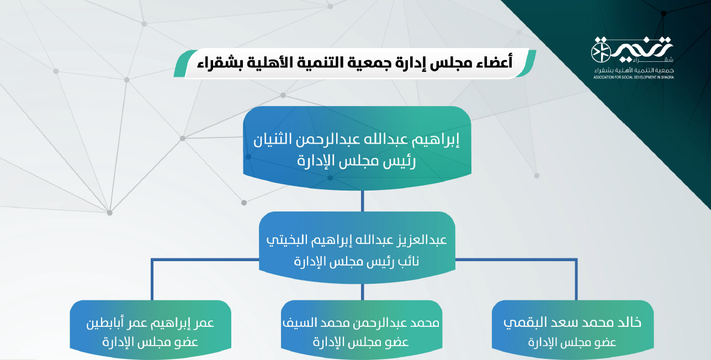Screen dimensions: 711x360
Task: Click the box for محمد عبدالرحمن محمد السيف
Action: (x=362, y=329)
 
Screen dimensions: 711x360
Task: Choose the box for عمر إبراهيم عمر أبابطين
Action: (x=151, y=329)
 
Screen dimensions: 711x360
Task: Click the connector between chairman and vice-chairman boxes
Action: (x=363, y=201)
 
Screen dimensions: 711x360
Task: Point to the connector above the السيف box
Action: (x=363, y=292)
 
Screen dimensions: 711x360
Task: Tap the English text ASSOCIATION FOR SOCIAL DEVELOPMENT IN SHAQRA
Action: (x=634, y=77)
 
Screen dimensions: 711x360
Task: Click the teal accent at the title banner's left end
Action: (x=184, y=63)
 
